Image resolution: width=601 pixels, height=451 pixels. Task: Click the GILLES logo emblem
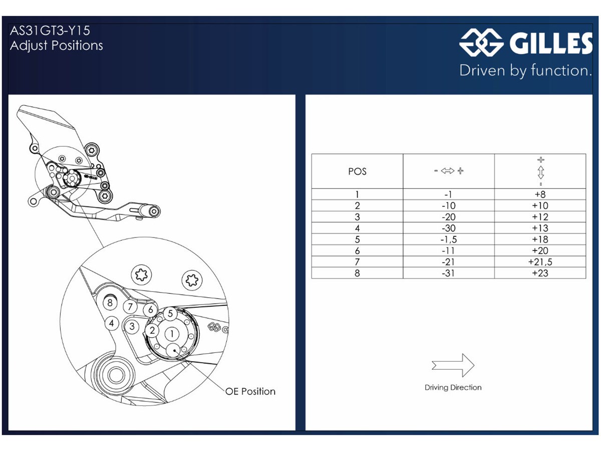pyautogui.click(x=481, y=42)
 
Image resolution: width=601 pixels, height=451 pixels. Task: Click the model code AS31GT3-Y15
pyautogui.click(x=50, y=31)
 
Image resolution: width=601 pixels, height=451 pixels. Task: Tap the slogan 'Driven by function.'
pyautogui.click(x=525, y=71)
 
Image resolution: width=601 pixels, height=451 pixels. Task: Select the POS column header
pyautogui.click(x=357, y=171)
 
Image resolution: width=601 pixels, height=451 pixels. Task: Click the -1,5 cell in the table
pyautogui.click(x=448, y=240)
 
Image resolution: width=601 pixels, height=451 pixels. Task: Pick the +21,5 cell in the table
pyautogui.click(x=540, y=262)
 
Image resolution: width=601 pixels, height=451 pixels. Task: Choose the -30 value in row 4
pyautogui.click(x=448, y=228)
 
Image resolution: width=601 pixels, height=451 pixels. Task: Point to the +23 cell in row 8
pyautogui.click(x=540, y=273)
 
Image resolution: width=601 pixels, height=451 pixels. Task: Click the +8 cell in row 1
pyautogui.click(x=540, y=194)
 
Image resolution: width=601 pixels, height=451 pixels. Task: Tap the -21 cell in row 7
pyautogui.click(x=448, y=262)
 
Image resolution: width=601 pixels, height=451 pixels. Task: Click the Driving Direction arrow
pyautogui.click(x=453, y=365)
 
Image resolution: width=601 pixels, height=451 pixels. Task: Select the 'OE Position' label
pyautogui.click(x=250, y=391)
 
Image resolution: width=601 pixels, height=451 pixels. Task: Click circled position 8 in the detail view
pyautogui.click(x=110, y=303)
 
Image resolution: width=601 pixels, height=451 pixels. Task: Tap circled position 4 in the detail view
pyautogui.click(x=112, y=323)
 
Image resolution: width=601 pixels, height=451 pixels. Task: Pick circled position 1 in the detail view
pyautogui.click(x=172, y=334)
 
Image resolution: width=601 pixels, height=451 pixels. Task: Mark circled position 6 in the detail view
pyautogui.click(x=150, y=310)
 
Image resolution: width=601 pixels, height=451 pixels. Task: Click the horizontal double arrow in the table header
pyautogui.click(x=448, y=171)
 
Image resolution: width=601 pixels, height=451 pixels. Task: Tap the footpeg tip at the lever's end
pyautogui.click(x=154, y=211)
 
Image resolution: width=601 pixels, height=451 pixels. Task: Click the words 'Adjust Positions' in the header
pyautogui.click(x=57, y=46)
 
